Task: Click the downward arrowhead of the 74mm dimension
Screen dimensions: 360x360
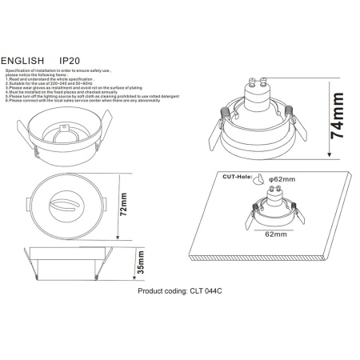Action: pos(328,155)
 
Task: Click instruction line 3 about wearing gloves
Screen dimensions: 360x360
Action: pos(72,88)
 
